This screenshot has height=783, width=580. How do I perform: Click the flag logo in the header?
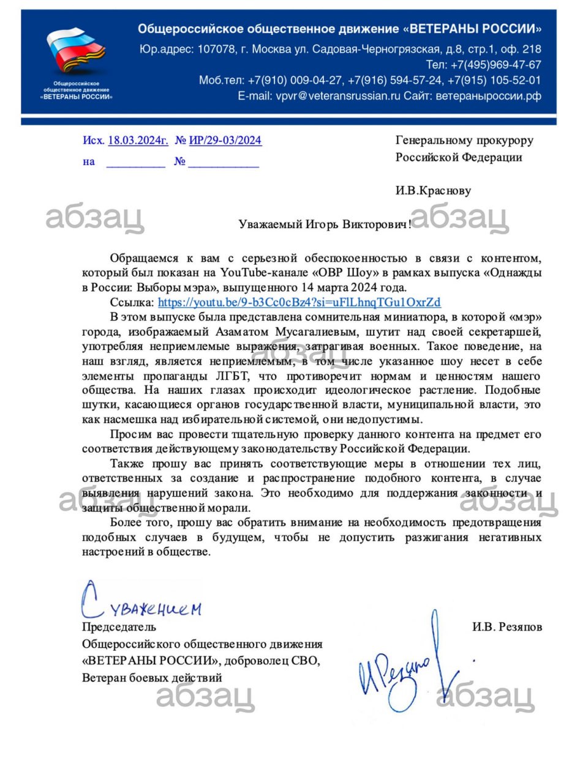click(x=75, y=52)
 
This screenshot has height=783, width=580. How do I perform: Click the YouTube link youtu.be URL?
click(x=299, y=302)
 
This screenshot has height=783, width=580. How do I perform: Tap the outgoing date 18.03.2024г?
click(x=138, y=141)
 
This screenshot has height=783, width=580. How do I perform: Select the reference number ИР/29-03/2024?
click(x=225, y=141)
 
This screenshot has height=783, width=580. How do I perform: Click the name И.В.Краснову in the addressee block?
click(x=433, y=191)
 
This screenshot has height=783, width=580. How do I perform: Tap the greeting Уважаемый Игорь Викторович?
click(x=323, y=225)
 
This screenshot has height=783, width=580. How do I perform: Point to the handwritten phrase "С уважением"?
click(x=141, y=603)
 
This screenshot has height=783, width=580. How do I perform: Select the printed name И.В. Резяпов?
click(x=507, y=627)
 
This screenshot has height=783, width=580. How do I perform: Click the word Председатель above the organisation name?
click(x=119, y=627)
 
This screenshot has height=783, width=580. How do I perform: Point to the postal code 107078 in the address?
click(x=214, y=50)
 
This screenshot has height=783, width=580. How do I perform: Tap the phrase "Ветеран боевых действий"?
click(x=152, y=678)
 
